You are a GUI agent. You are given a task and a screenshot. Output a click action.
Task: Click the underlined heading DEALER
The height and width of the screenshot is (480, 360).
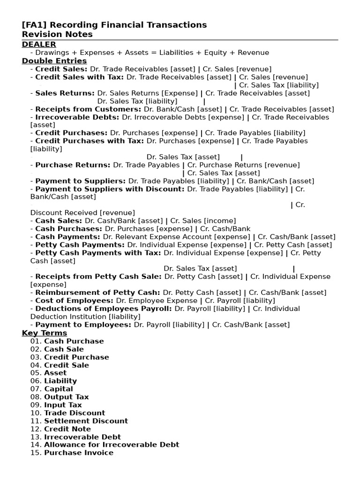pos(39,45)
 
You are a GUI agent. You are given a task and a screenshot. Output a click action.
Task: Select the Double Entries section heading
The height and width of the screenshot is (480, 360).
pos(54,61)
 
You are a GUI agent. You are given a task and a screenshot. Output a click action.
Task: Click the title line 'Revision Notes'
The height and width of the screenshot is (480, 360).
pos(57,34)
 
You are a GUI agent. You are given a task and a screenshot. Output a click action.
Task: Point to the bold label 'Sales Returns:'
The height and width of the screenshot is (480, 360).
pos(65,93)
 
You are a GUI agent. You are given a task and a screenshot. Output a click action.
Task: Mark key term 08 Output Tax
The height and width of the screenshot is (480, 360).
pos(66,397)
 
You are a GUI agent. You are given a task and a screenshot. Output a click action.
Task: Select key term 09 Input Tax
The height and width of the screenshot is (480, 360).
pos(63,405)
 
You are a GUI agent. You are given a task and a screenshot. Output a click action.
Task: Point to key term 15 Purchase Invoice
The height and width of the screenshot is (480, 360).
pos(78,453)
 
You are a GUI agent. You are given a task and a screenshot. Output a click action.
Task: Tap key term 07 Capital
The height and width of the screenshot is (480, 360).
pos(59,389)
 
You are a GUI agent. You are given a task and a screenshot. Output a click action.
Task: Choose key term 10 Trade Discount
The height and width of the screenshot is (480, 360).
pos(75,413)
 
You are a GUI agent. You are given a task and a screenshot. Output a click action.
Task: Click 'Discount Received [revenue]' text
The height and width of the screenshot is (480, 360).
pos(82,213)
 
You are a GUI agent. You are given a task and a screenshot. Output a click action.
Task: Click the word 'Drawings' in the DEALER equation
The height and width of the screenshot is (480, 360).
pos(51,53)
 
